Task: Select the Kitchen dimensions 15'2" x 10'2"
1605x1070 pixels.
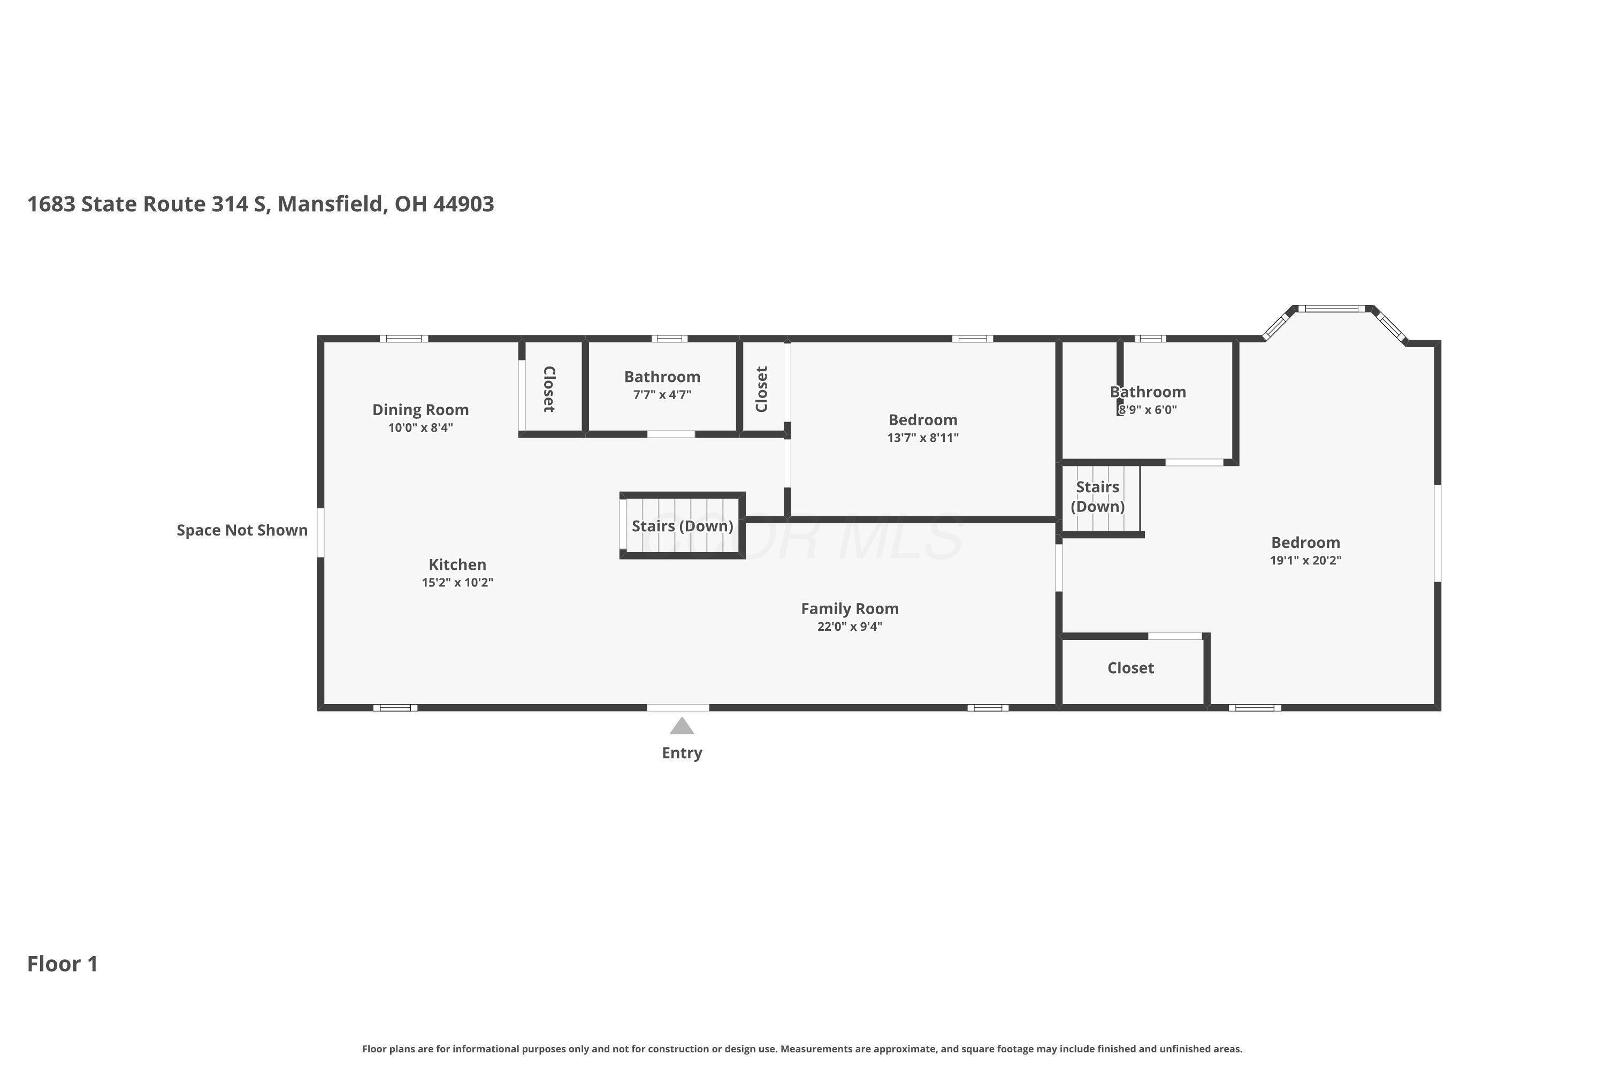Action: click(x=457, y=582)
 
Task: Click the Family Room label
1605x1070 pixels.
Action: click(x=850, y=609)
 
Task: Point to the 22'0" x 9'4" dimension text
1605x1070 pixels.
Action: click(x=850, y=626)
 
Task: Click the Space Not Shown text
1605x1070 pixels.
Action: click(x=242, y=530)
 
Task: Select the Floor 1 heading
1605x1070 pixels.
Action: click(x=63, y=964)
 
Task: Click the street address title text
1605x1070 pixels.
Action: click(x=261, y=204)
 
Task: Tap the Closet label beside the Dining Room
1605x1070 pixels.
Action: click(x=549, y=389)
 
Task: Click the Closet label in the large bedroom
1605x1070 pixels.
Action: click(x=1131, y=668)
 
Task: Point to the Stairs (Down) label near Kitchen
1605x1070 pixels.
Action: click(x=683, y=526)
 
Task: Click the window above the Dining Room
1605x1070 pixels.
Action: click(x=404, y=339)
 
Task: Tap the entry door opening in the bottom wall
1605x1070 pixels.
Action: click(x=678, y=708)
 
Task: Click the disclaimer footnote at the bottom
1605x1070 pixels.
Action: click(x=802, y=1049)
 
